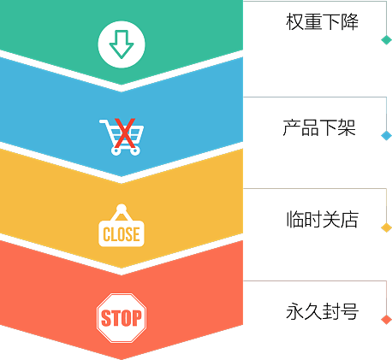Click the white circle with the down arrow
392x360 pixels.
pos(122,44)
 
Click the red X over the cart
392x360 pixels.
pos(125,133)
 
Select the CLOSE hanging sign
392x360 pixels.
pos(122,225)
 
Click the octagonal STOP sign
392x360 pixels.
pos(122,318)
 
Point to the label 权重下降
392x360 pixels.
pos(322,21)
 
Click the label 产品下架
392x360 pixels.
pos(319,127)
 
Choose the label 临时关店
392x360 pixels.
pos(323,219)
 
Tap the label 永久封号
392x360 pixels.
pos(323,311)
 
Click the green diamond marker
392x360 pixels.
pos(387,39)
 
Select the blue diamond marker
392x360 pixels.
pos(387,135)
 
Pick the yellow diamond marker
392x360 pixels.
pos(387,227)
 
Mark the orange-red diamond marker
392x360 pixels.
pos(387,320)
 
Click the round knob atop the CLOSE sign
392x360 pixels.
pos(122,209)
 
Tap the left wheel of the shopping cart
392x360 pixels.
pos(116,150)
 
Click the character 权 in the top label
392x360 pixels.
pos(294,21)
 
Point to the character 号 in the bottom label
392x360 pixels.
pos(350,311)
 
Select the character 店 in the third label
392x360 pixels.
pos(350,219)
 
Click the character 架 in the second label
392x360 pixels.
pos(347,127)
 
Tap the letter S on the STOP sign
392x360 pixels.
pos(106,318)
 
